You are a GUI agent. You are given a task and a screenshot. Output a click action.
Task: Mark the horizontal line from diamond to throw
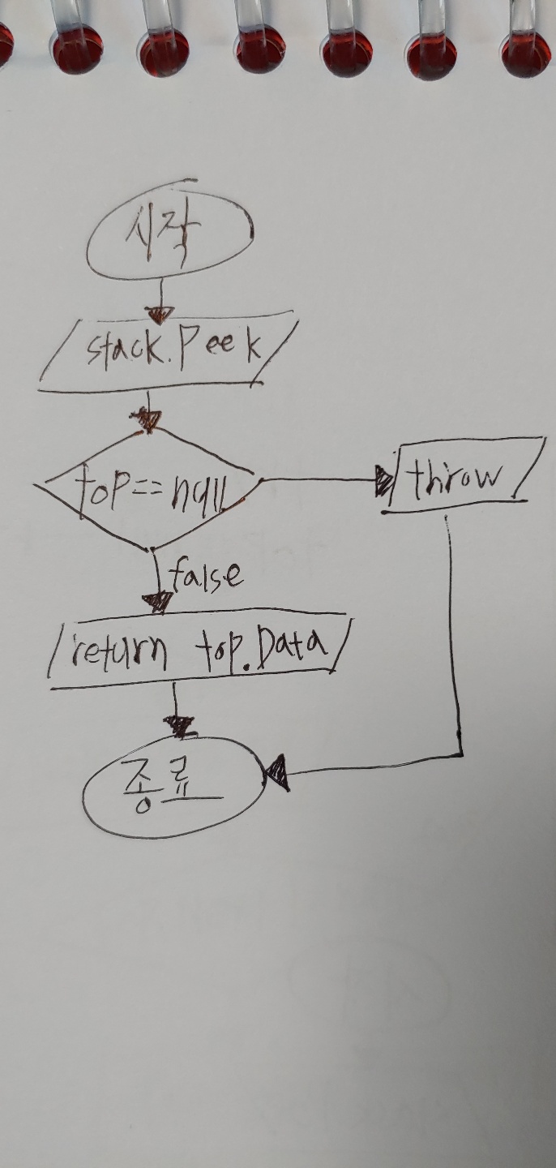(320, 479)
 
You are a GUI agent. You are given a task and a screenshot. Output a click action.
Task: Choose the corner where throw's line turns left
(461, 754)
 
